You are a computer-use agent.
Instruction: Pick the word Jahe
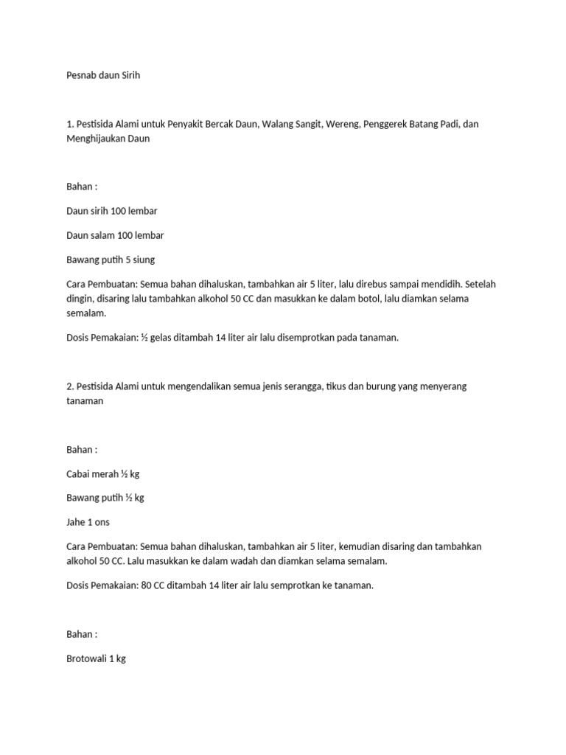point(76,522)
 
